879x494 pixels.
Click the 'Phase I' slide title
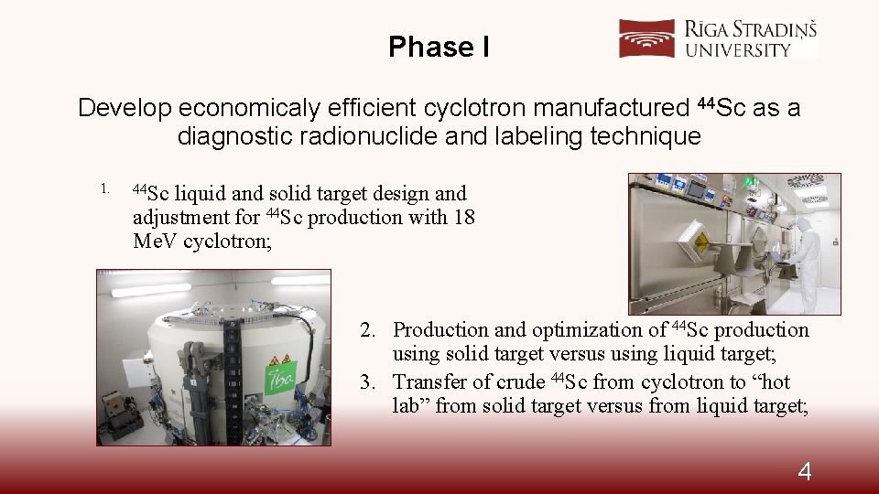coord(439,47)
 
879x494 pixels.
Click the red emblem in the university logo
coord(647,39)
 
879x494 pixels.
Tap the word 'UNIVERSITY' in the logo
coord(737,49)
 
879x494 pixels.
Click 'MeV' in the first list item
coord(155,242)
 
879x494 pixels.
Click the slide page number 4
coord(804,471)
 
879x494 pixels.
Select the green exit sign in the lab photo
coord(750,183)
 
